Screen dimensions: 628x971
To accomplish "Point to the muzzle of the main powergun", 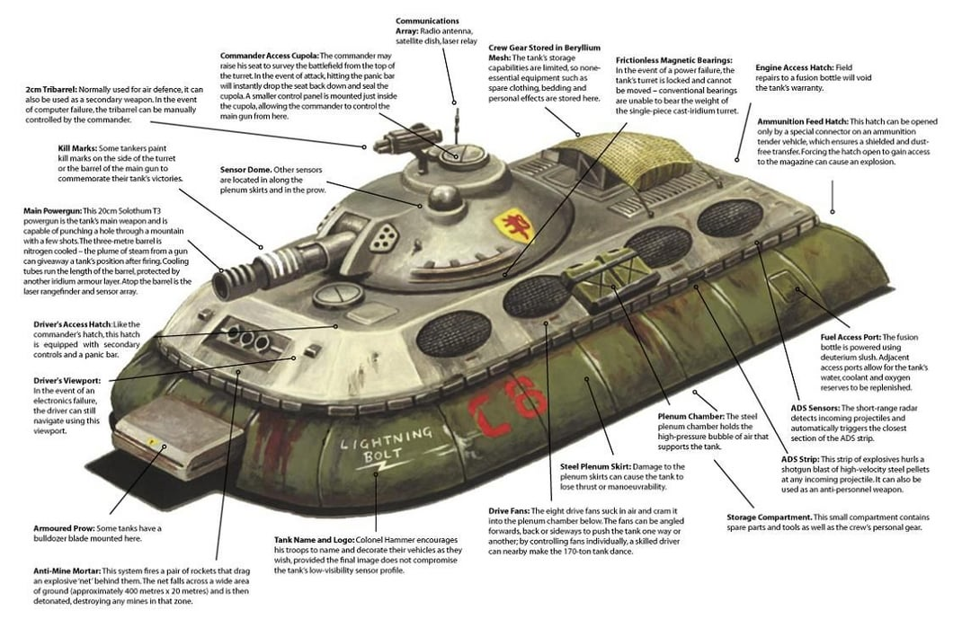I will click(x=225, y=281).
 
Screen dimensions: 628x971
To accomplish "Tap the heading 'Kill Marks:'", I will click(x=80, y=146).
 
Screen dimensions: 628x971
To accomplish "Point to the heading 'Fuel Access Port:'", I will click(x=855, y=337).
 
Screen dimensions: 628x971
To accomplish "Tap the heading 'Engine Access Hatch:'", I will click(x=795, y=67).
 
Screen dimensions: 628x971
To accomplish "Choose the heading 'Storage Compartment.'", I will click(x=769, y=517).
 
